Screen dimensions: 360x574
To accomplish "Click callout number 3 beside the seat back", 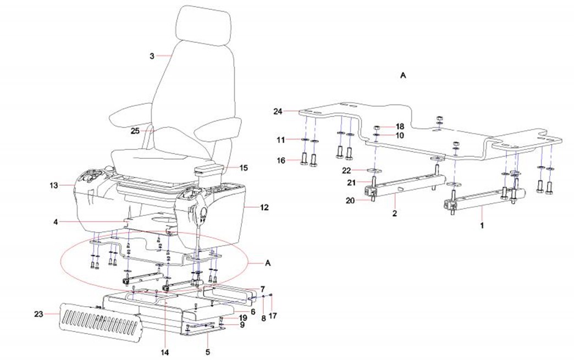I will click(153, 56).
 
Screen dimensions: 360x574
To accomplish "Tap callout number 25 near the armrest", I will click(135, 131).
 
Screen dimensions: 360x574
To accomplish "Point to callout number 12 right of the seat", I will click(264, 207).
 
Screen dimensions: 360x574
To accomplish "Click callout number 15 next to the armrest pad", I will click(244, 167).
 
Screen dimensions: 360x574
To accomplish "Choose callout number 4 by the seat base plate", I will click(56, 221).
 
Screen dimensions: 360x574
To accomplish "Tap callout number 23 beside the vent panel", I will click(37, 314).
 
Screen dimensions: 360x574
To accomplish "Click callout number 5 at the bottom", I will click(208, 351).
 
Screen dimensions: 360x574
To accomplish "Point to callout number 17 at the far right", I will click(273, 315).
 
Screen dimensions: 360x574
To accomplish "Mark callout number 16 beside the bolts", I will click(281, 161).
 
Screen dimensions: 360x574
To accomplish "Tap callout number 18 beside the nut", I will click(400, 126).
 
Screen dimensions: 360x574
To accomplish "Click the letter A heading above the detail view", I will click(402, 77).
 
